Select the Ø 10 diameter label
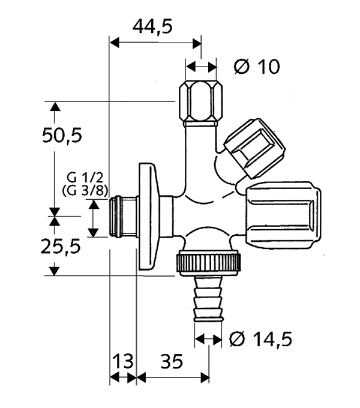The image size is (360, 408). coord(256,67)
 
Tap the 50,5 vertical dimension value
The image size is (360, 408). coord(62,136)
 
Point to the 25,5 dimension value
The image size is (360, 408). coord(62,246)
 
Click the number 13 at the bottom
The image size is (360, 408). coord(122,361)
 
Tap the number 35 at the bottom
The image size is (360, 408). coord(172,361)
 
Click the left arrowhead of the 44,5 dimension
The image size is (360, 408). coord(115,43)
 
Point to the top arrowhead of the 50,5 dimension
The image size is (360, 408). coord(55,107)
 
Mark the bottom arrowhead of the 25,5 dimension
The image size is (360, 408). coord(55,271)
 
